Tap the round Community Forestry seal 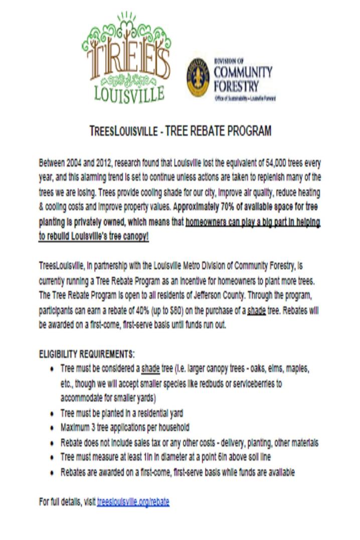tap(198, 77)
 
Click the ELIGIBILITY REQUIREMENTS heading tap(87, 353)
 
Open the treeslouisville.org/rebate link tap(133, 501)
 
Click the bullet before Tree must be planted tap(53, 414)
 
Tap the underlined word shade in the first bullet tap(150, 369)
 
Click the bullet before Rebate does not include tap(53, 444)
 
